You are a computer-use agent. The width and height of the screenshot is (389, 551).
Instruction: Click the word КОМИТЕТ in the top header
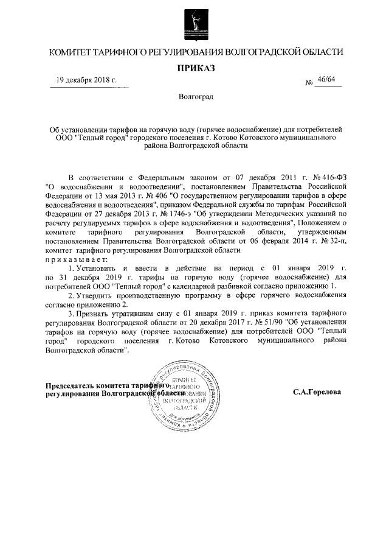71,52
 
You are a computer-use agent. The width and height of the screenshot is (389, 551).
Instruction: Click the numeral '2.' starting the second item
71,295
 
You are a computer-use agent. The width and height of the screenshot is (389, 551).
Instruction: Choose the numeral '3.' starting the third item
71,314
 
